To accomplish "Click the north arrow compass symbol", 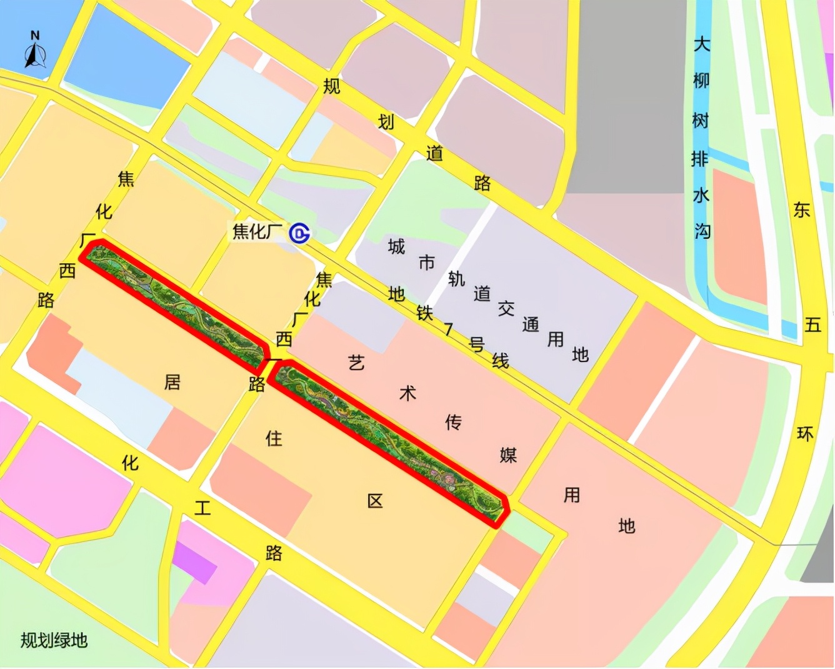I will click(x=35, y=51).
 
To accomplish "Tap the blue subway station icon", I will click(x=300, y=234).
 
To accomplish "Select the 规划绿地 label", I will click(x=54, y=640).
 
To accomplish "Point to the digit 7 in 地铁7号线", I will click(x=448, y=329).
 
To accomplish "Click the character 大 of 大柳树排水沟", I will click(x=702, y=44).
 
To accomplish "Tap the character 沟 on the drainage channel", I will click(x=702, y=232).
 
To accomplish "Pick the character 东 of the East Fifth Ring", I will click(x=802, y=209).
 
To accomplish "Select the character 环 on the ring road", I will click(x=805, y=434).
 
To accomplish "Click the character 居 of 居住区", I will click(x=172, y=382).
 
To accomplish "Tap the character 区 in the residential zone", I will click(x=375, y=501).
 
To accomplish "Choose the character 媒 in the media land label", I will click(x=508, y=455).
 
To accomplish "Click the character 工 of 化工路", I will click(x=202, y=507).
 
